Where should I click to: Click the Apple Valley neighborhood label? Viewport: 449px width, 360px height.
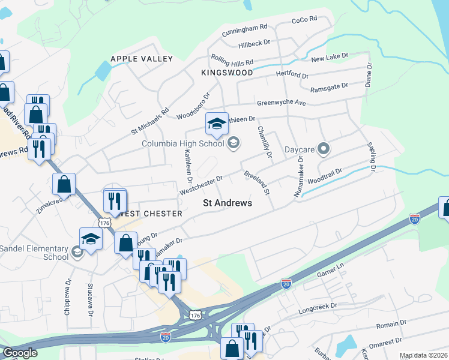(x=142, y=59)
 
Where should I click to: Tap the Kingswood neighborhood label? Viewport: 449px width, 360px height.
(x=228, y=73)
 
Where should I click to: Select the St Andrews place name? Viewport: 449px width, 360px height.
(x=227, y=203)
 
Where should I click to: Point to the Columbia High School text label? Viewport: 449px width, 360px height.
(x=182, y=143)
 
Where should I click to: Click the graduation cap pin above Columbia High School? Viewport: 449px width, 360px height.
(x=217, y=124)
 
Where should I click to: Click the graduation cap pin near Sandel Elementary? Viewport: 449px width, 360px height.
(x=91, y=239)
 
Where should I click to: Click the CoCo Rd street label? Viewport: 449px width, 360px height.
(x=304, y=20)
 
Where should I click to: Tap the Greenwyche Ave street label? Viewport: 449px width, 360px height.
(x=282, y=103)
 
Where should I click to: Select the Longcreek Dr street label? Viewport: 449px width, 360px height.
(x=319, y=307)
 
